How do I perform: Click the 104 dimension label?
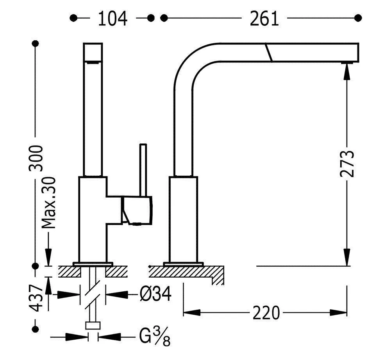[113, 18]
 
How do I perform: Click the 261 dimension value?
[264, 18]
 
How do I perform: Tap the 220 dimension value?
[266, 313]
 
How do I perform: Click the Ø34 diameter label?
[155, 294]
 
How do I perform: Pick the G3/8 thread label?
[154, 337]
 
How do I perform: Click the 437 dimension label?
[37, 298]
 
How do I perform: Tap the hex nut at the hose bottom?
[93, 326]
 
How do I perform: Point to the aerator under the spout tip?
[347, 62]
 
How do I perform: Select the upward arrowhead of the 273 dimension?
[347, 70]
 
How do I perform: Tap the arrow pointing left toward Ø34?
[115, 294]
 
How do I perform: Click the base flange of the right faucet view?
[183, 263]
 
